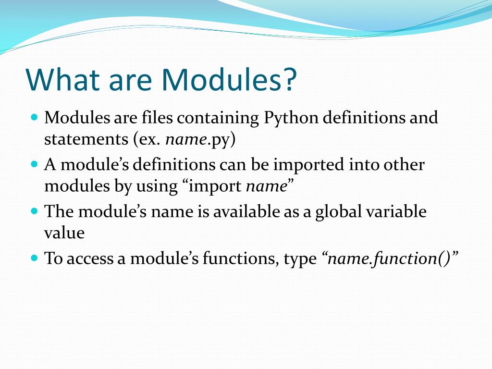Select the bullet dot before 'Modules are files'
35,118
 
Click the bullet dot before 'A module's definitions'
35,164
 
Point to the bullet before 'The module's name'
35,211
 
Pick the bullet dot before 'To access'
35,258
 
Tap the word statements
86,139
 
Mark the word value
64,233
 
